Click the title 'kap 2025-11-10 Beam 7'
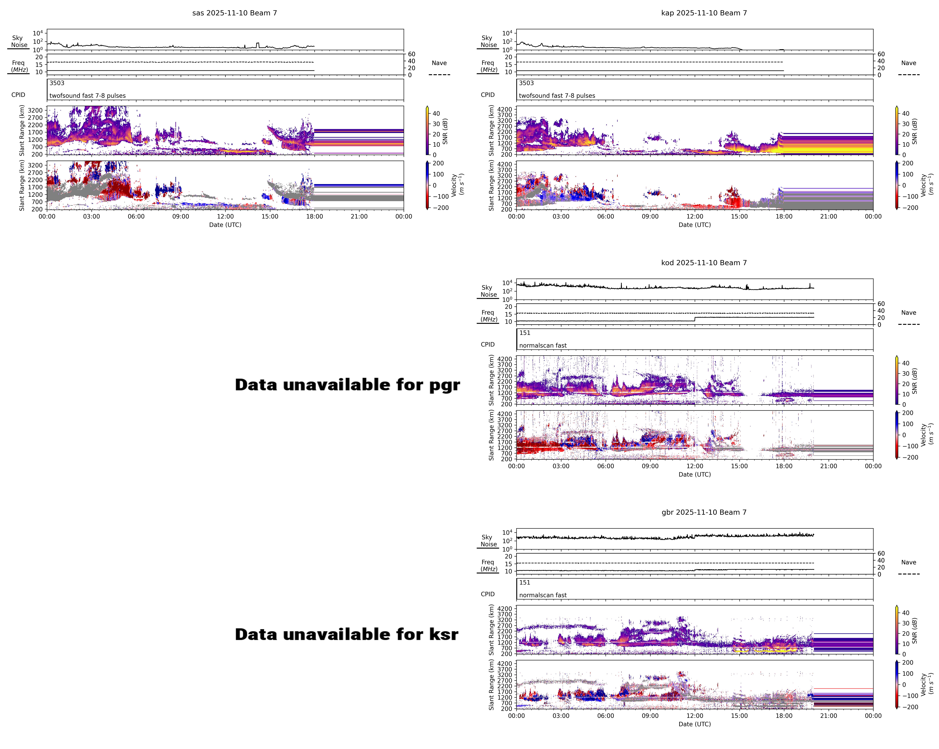(x=704, y=13)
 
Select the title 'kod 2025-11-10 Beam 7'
(x=704, y=263)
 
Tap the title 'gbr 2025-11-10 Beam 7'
(x=704, y=512)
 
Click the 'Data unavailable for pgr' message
(x=347, y=385)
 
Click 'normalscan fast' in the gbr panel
(x=543, y=595)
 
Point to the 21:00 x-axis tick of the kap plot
(x=828, y=216)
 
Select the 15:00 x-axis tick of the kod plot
(x=739, y=466)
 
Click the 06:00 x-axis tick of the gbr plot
(x=605, y=715)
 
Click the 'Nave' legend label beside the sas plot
(x=439, y=63)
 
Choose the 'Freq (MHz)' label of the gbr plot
(x=488, y=565)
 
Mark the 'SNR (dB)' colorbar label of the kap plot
(x=915, y=131)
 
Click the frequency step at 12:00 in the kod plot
(x=695, y=319)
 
